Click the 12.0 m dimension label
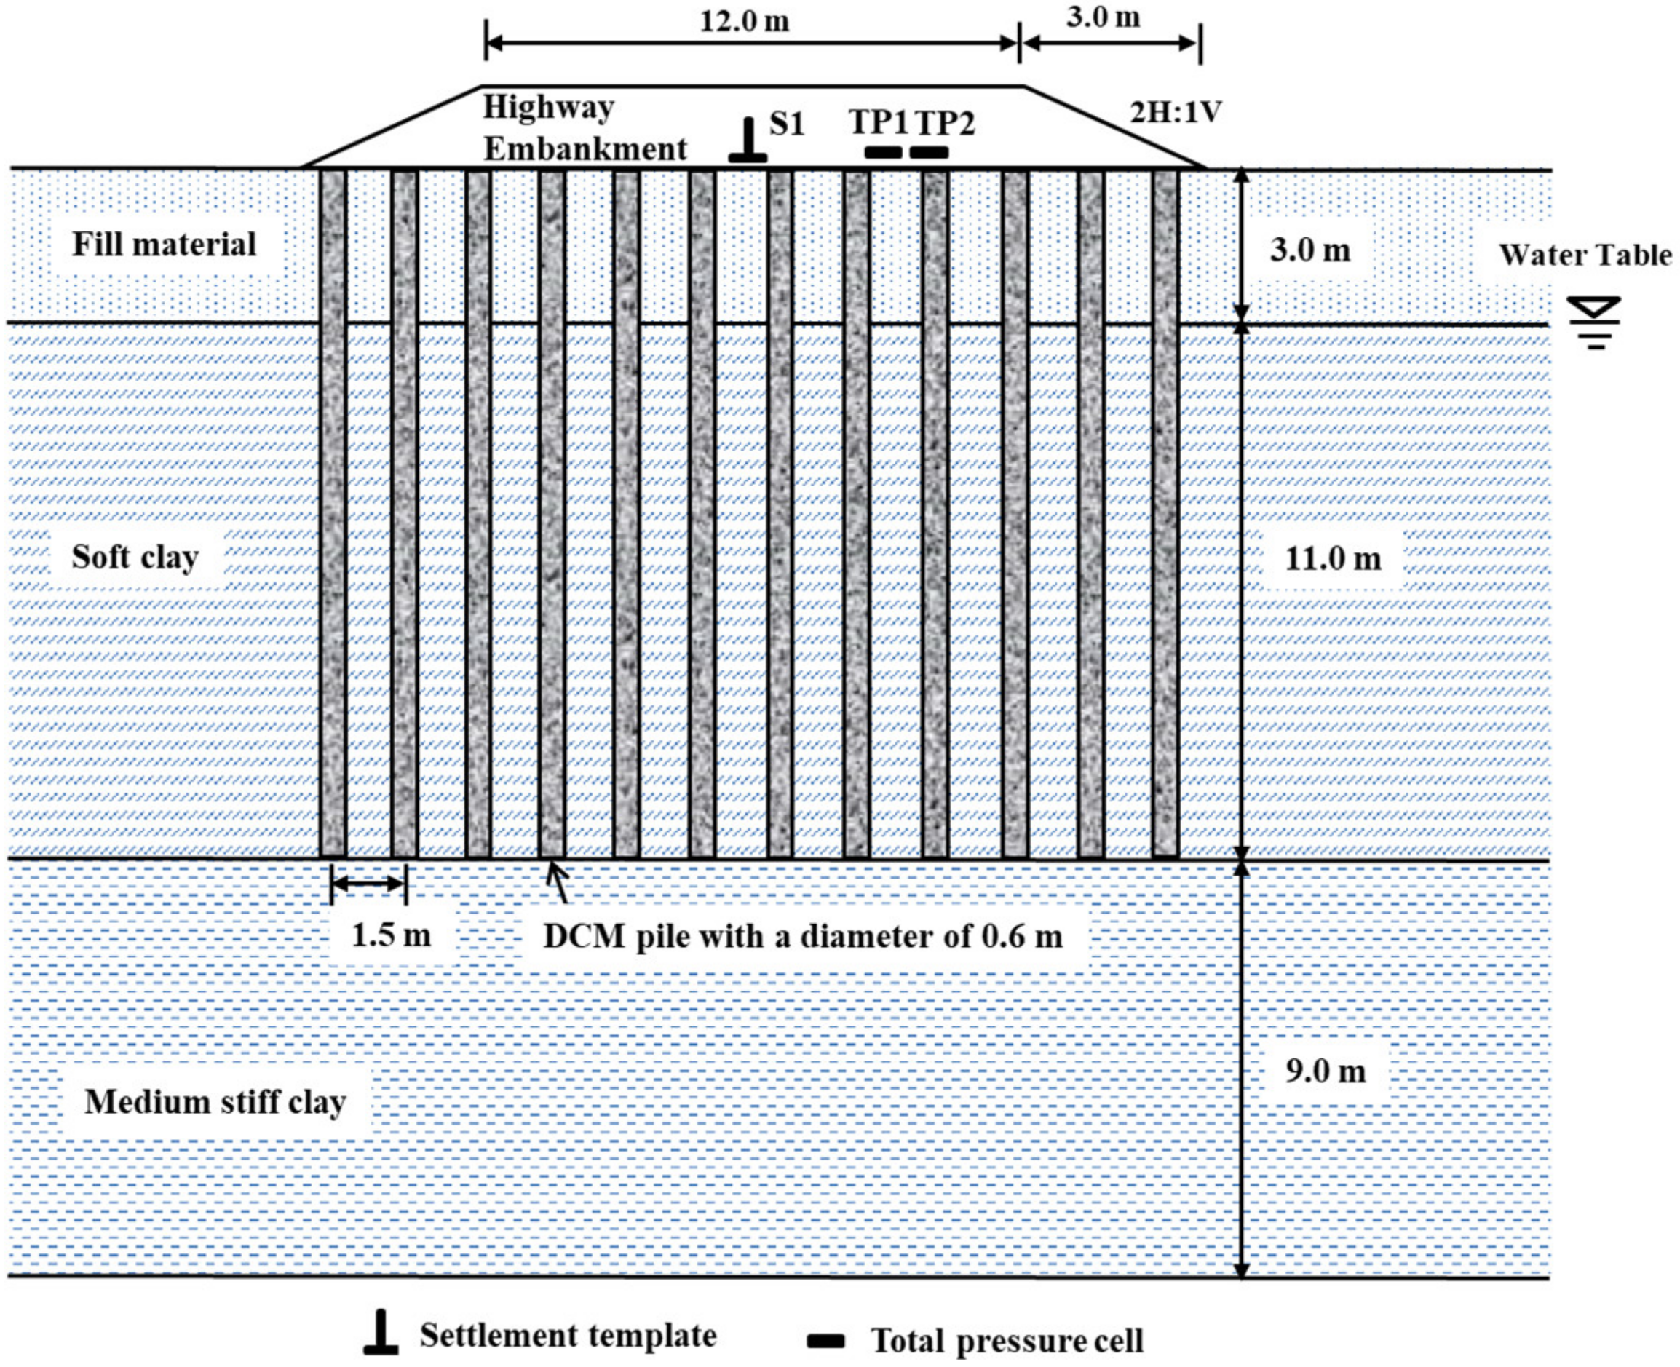(x=744, y=21)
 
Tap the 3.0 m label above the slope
(x=1103, y=17)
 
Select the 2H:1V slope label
(x=1176, y=113)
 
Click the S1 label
(x=786, y=124)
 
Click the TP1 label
(x=879, y=123)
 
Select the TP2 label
(x=945, y=123)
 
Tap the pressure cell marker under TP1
(x=883, y=153)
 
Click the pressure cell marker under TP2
(x=929, y=153)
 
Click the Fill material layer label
(x=165, y=244)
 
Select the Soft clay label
(x=135, y=558)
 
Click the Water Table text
(x=1585, y=255)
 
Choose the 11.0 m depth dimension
(x=1333, y=559)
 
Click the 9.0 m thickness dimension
(x=1326, y=1071)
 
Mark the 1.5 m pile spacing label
(x=392, y=935)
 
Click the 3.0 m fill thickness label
(x=1310, y=250)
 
